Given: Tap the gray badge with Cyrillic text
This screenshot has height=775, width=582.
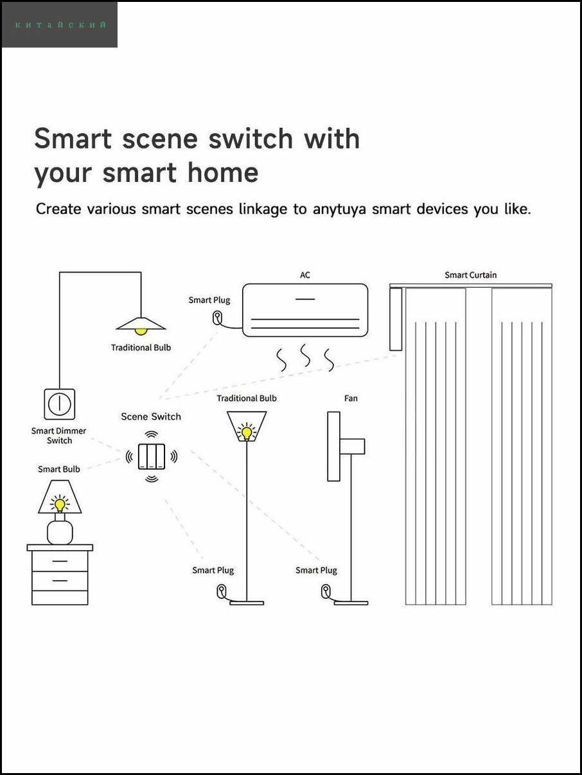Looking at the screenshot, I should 60,25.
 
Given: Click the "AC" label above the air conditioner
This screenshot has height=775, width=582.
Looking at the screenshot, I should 305,275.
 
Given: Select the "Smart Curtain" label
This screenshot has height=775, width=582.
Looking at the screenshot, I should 470,275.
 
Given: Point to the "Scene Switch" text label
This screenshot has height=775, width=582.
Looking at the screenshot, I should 151,416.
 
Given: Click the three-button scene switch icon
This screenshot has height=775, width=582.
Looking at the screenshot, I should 152,456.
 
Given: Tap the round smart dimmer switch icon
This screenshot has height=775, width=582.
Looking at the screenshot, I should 59,404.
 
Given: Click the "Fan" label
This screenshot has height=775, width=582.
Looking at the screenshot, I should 351,398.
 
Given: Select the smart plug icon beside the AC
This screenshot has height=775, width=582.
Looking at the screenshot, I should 218,317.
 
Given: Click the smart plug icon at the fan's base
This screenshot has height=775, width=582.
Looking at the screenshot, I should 326,589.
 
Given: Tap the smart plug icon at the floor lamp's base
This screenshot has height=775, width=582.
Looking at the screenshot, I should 222,589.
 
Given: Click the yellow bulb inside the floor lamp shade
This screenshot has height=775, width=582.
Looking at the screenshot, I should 246,432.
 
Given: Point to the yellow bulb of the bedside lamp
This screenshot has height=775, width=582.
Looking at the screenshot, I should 60,504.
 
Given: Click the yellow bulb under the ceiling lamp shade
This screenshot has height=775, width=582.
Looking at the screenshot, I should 141,331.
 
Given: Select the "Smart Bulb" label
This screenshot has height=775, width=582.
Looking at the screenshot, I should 59,469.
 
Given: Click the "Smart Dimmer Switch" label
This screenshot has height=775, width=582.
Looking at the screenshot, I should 59,436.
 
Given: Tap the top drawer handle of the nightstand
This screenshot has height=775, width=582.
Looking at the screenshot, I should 60,561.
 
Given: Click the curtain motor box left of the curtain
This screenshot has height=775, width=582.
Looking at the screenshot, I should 396,319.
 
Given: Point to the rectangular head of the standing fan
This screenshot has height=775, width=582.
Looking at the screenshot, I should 333,446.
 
